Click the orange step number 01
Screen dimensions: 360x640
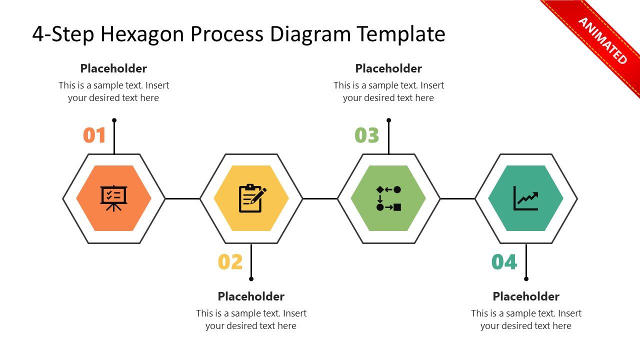94,135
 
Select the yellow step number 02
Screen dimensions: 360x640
230,262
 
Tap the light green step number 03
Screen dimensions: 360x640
367,135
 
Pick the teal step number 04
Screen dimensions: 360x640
504,262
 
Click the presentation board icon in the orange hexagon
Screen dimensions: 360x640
114,198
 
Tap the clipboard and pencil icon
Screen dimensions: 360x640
252,198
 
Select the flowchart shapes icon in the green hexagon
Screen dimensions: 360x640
388,198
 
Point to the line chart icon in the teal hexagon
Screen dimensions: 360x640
526,198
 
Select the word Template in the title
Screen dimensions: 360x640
401,34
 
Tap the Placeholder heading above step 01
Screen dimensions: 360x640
113,68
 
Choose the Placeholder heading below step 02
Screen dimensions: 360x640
251,296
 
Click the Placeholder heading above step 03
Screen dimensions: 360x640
388,68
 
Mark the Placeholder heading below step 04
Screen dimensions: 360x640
526,296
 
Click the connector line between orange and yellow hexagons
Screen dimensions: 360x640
182,198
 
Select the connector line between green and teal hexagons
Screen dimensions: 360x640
457,198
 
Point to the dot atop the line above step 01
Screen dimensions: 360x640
114,120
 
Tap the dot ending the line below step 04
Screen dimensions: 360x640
526,279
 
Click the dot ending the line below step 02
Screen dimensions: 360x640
251,279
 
